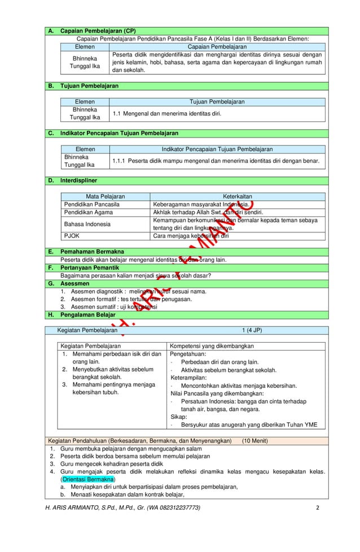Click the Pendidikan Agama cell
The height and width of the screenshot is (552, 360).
tap(88, 213)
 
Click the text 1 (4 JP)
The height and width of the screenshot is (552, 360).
tap(252, 330)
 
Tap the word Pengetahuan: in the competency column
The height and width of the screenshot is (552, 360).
tap(188, 354)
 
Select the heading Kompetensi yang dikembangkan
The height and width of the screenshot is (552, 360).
tap(210, 345)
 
